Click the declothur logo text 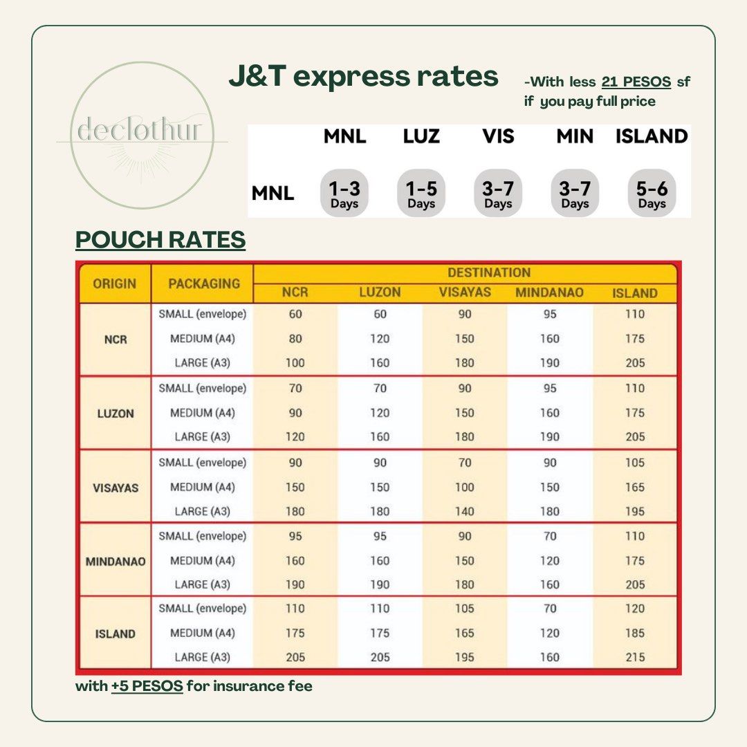[x=139, y=129]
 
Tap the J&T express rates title [x=364, y=76]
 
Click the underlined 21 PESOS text [x=636, y=82]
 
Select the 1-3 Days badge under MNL [x=344, y=193]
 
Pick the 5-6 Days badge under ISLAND [x=652, y=193]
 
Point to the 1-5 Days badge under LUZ [x=421, y=193]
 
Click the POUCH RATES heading [x=160, y=239]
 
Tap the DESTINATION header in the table [x=489, y=273]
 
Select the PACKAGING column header [x=204, y=284]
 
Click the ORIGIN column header [x=114, y=284]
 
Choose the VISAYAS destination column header [x=465, y=292]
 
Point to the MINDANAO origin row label [x=116, y=562]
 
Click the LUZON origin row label [x=116, y=414]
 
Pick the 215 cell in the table [x=635, y=658]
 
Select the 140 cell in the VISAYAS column [x=465, y=512]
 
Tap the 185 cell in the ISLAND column [x=635, y=633]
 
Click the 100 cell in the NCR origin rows [x=295, y=363]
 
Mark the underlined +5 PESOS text [x=147, y=686]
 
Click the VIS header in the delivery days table [x=498, y=136]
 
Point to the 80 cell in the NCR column [x=295, y=339]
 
